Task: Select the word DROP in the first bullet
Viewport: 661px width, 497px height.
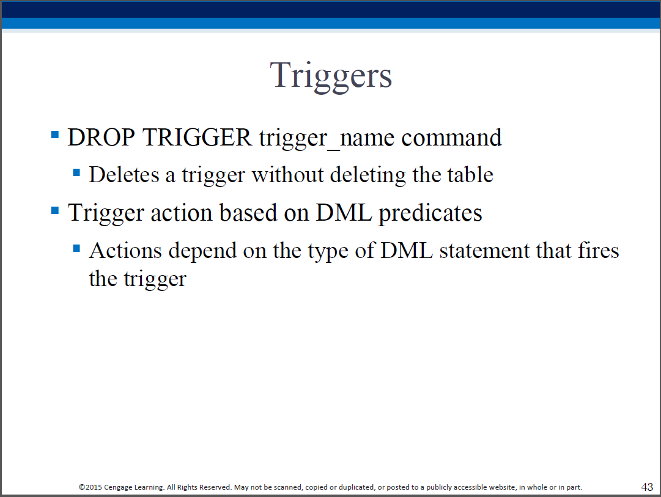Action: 101,138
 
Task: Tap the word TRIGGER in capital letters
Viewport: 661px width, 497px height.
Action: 198,138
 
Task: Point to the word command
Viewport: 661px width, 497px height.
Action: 451,138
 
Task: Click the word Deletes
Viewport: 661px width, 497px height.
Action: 124,174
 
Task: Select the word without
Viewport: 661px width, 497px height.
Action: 287,174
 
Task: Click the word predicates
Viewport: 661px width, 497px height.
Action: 430,213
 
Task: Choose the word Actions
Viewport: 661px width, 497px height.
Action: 125,251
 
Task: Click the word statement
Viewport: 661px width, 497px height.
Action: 484,251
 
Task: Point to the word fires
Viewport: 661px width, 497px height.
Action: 599,251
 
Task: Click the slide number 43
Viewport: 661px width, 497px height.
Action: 647,487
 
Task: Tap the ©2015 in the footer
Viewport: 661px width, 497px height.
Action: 90,487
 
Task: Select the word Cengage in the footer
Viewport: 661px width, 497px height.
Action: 118,488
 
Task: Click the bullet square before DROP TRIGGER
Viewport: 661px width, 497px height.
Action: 55,135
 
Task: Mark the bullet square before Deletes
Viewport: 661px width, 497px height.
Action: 76,172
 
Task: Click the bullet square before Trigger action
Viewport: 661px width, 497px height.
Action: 55,210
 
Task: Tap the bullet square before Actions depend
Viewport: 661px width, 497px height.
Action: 76,248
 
